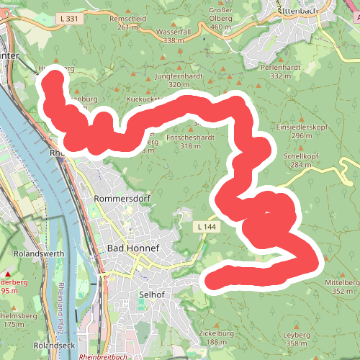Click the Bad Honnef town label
132,248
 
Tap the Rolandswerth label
40,254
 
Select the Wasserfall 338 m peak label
174,37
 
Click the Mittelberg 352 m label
342,287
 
